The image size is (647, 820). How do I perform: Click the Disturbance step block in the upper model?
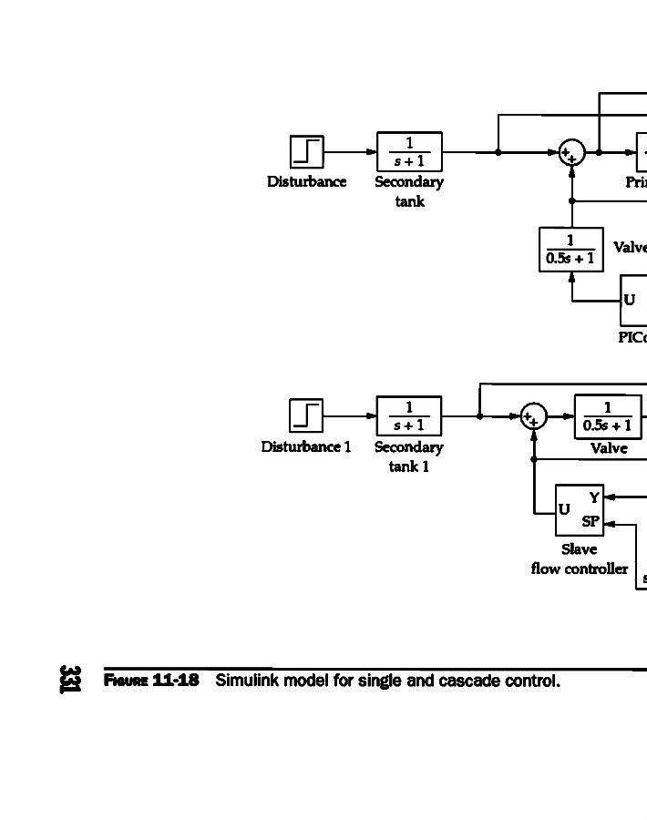306,151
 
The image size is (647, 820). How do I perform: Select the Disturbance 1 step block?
306,415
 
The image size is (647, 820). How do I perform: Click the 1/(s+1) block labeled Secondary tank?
409,151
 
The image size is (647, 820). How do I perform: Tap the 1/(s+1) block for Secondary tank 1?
409,415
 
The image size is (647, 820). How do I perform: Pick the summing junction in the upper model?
571,153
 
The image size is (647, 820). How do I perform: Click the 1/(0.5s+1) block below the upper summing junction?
571,250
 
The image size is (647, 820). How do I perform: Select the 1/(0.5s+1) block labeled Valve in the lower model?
608,416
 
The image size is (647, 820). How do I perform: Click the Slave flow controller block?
580,510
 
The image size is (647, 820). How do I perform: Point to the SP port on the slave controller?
591,522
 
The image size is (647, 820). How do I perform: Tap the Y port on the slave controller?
594,497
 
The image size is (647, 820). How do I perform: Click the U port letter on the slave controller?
565,510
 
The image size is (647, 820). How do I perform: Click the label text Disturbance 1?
306,447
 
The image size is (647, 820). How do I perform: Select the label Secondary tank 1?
409,456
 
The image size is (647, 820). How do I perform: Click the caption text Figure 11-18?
151,682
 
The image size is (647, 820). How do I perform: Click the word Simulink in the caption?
243,682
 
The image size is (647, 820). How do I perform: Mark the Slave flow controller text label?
580,559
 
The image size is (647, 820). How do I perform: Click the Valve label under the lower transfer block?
609,448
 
